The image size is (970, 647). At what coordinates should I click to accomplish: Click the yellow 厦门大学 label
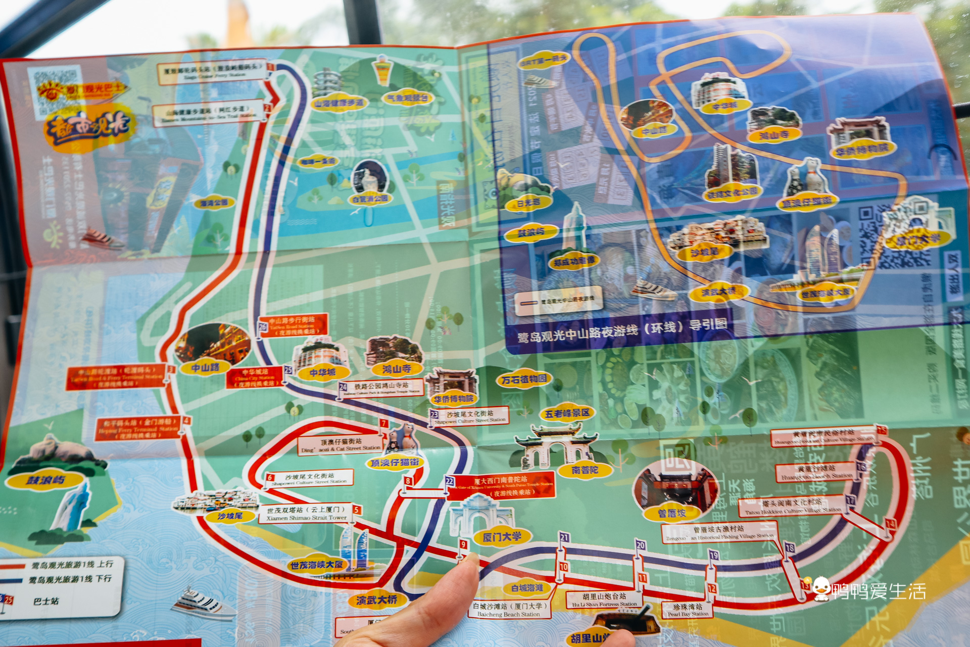click(x=502, y=536)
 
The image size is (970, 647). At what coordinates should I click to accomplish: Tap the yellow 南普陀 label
click(x=585, y=470)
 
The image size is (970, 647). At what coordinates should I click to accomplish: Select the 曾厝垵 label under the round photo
click(x=672, y=513)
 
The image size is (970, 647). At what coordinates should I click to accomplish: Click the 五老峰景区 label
click(x=567, y=413)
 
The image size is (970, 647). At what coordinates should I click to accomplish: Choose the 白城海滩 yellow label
click(x=527, y=587)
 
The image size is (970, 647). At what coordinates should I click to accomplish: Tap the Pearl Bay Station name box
click(x=688, y=610)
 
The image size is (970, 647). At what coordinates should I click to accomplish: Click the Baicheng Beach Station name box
click(x=508, y=610)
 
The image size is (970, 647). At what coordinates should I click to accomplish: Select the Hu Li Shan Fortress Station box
click(x=604, y=600)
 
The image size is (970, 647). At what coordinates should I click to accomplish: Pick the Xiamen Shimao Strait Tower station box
click(x=307, y=514)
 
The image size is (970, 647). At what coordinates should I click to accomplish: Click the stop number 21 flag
click(x=564, y=538)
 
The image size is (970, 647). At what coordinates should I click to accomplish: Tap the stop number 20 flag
click(x=641, y=545)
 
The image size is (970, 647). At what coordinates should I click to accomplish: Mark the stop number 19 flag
click(x=713, y=556)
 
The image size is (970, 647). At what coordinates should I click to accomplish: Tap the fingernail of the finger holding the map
click(x=471, y=559)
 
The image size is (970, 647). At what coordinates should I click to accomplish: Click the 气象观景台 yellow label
click(x=408, y=97)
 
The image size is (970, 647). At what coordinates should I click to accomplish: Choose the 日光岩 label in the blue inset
click(x=528, y=203)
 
